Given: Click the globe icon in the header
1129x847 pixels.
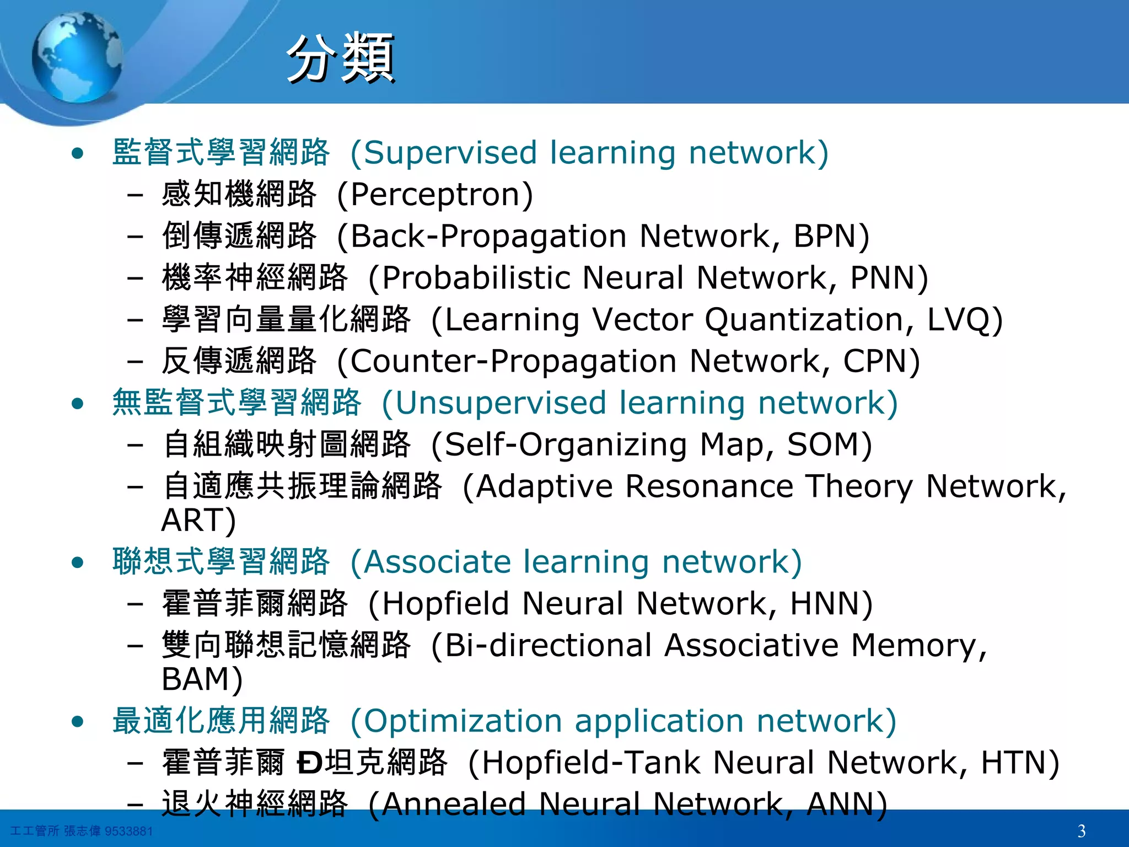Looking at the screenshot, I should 77,57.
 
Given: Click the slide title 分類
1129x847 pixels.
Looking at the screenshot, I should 340,58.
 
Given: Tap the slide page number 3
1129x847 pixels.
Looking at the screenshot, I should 1081,830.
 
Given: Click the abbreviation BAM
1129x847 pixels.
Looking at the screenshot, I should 195,679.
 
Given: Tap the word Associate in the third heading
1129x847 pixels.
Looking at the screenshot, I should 438,562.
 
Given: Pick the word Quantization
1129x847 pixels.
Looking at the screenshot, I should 808,320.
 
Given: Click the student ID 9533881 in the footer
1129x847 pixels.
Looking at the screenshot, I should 128,831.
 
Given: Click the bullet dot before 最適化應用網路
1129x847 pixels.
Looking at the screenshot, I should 78,721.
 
